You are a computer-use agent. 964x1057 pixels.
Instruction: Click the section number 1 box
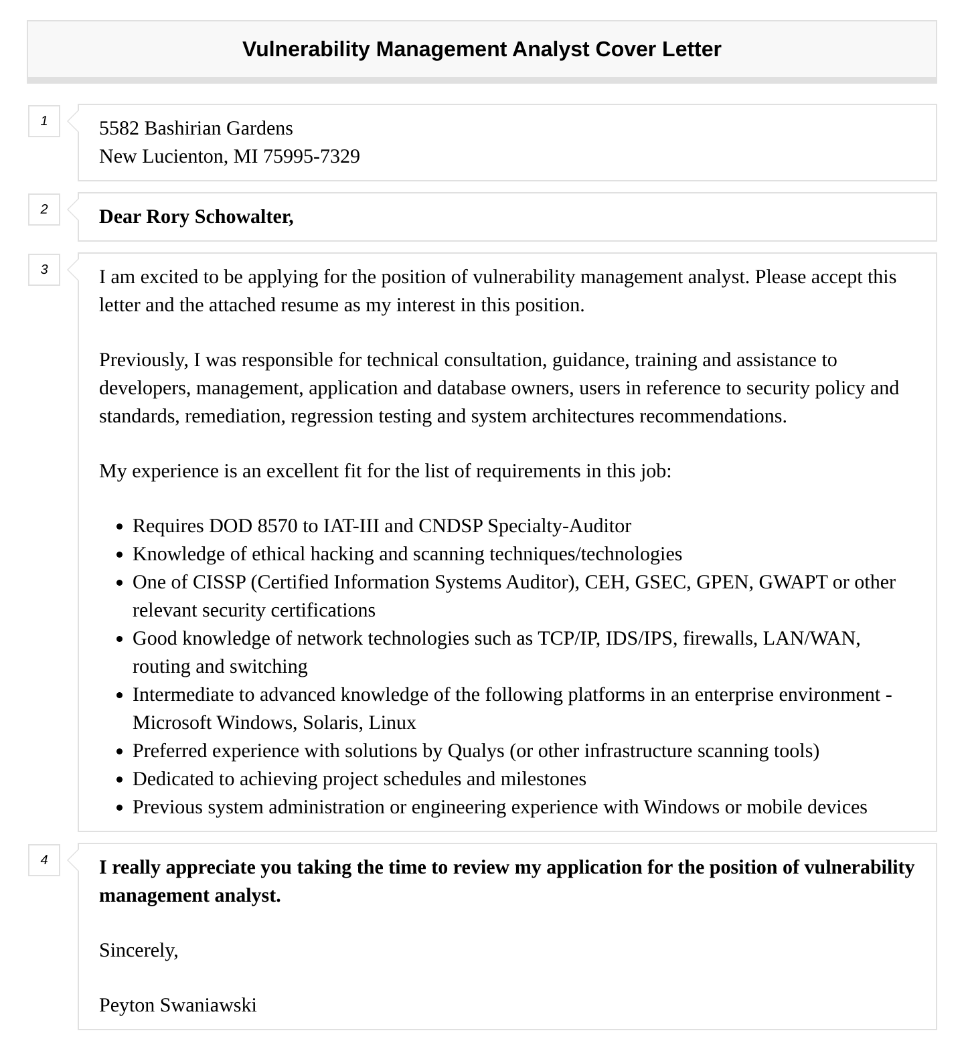tap(44, 121)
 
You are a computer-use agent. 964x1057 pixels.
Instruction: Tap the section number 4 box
tap(44, 860)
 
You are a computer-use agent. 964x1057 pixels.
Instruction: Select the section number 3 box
tap(44, 270)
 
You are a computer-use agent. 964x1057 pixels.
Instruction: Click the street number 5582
tap(118, 129)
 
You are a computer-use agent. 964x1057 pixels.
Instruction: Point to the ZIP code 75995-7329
tap(311, 157)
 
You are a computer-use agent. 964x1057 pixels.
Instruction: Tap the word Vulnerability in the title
tap(306, 50)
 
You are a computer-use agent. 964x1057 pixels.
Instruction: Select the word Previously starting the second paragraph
tap(143, 360)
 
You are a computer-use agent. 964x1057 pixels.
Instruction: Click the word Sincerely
tap(139, 951)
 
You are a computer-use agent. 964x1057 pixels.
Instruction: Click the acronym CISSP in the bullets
tap(219, 582)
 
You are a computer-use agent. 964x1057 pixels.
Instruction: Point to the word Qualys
tap(476, 751)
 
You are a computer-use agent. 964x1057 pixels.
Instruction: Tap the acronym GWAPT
tap(793, 582)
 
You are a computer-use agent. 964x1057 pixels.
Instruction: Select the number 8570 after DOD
tap(277, 526)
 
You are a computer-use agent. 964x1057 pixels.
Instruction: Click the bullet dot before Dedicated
tap(119, 780)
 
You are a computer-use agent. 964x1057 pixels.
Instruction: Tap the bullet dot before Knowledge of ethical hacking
tap(119, 555)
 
